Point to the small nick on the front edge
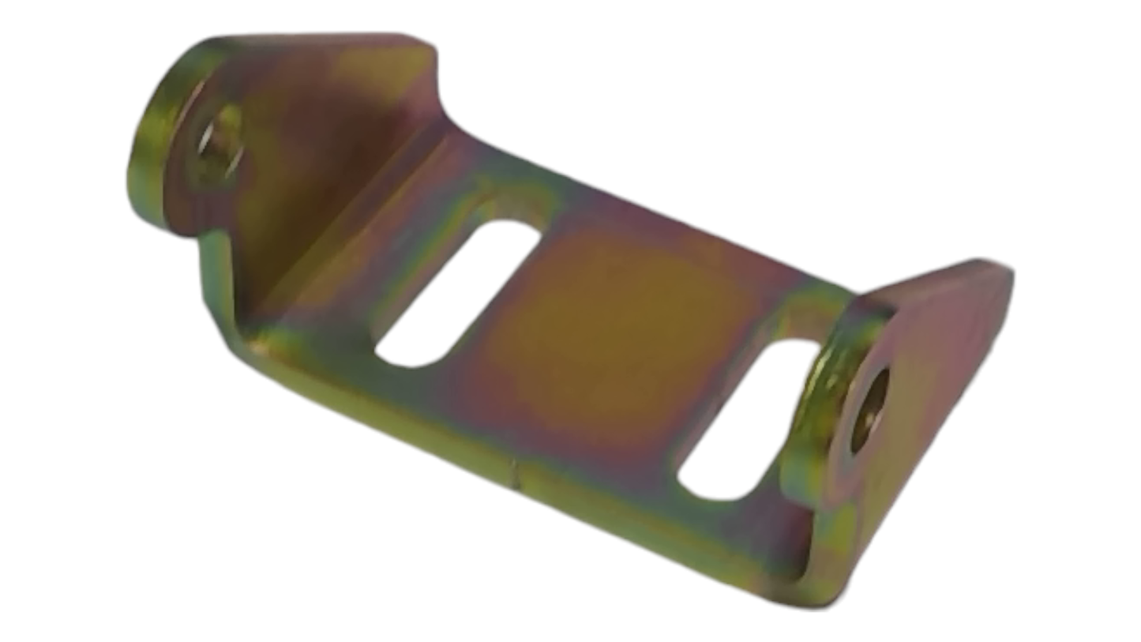point(515,475)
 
